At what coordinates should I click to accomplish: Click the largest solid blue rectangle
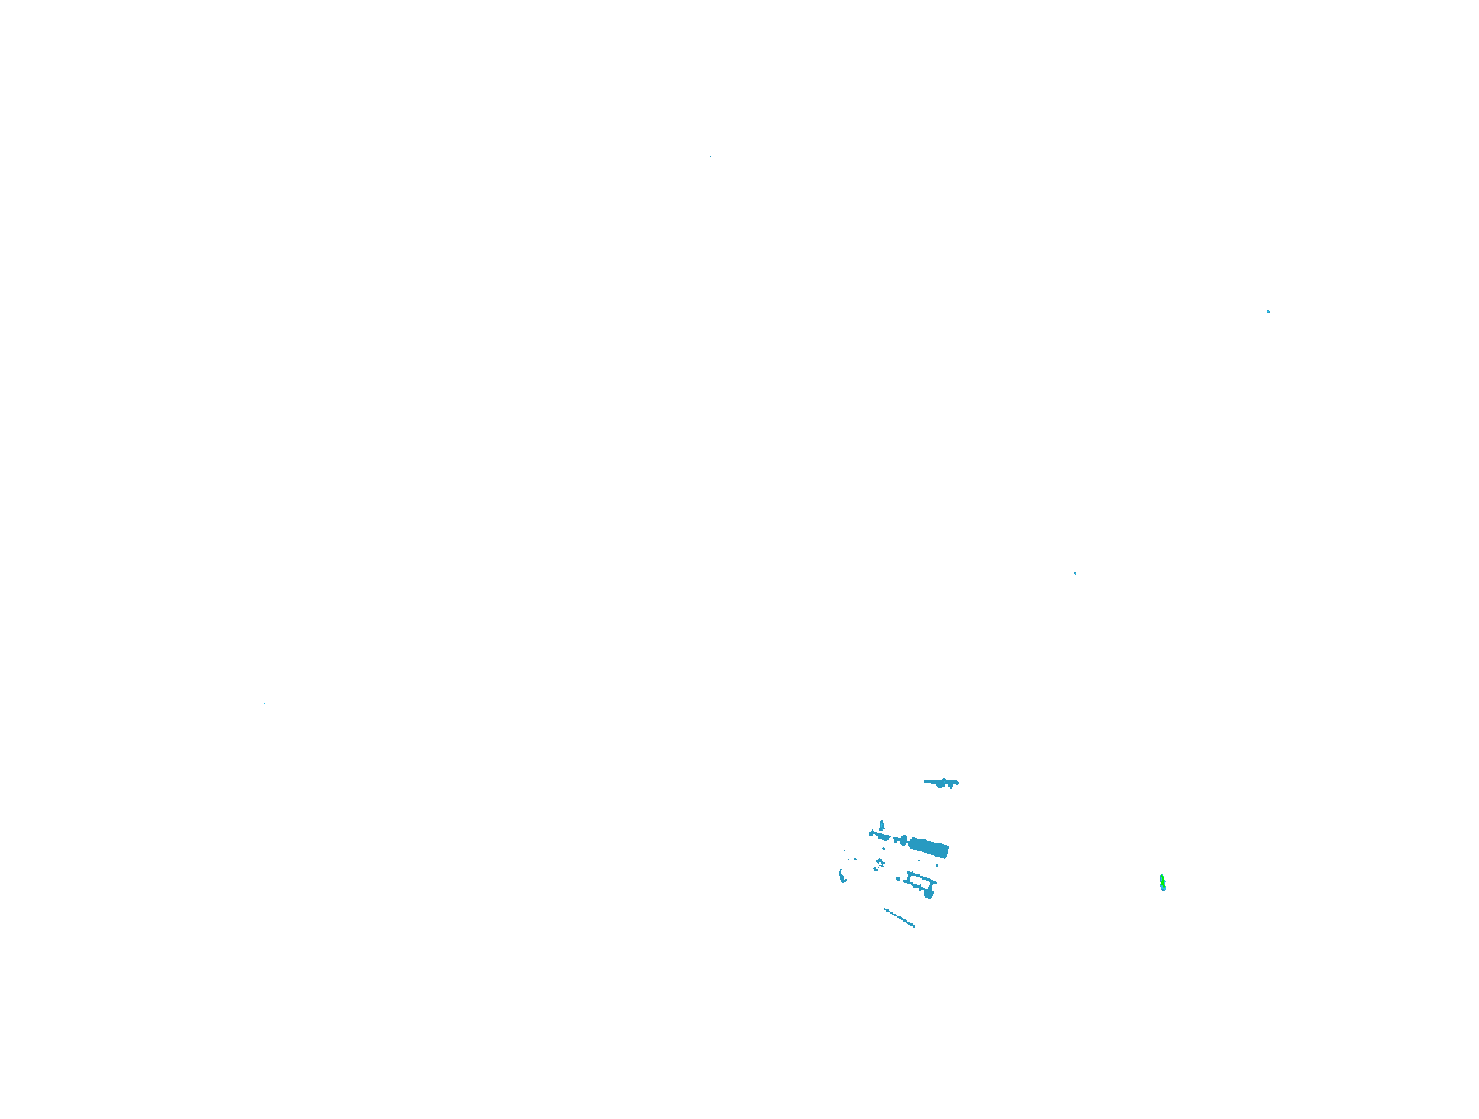click(x=929, y=847)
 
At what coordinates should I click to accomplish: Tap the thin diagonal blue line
click(x=899, y=917)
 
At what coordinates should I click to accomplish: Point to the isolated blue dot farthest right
click(x=1268, y=311)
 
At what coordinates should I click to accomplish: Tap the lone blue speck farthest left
click(x=264, y=704)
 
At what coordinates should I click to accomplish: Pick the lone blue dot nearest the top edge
click(x=710, y=157)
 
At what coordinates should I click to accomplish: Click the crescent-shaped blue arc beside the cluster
click(x=841, y=876)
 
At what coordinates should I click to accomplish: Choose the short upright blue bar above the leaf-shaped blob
click(x=882, y=825)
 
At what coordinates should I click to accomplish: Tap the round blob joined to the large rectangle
click(x=904, y=840)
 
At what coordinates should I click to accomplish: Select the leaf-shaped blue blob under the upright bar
click(x=883, y=836)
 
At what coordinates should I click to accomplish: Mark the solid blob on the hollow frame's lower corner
click(x=929, y=895)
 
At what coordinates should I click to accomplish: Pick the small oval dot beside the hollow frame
click(x=898, y=878)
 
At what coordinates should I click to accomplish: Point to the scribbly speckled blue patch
click(x=880, y=863)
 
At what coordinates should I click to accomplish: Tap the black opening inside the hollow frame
click(x=920, y=881)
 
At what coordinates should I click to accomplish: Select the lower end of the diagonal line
click(x=913, y=926)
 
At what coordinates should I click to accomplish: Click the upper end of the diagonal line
click(x=886, y=909)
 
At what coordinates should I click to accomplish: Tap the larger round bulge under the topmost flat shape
click(x=940, y=785)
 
